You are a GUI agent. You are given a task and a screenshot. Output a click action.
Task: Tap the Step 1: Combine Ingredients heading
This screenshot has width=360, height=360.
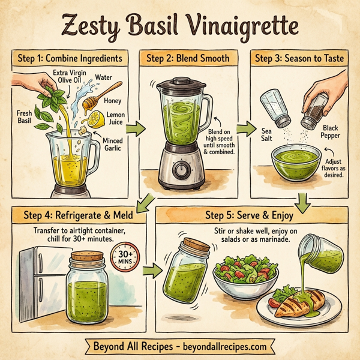coord(70,59)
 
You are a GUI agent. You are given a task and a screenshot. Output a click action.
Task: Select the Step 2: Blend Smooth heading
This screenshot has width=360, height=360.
coord(187,59)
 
